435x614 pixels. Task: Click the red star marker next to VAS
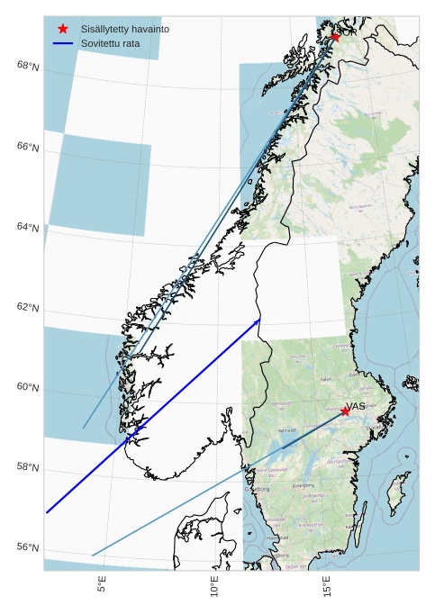pyautogui.click(x=345, y=411)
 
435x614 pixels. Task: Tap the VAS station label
pyautogui.click(x=357, y=406)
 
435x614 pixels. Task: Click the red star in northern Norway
pyautogui.click(x=335, y=37)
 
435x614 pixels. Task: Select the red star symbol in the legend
pyautogui.click(x=63, y=30)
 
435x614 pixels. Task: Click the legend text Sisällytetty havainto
pyautogui.click(x=124, y=30)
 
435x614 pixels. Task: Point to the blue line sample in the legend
pyautogui.click(x=63, y=43)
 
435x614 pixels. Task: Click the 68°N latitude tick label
pyautogui.click(x=28, y=67)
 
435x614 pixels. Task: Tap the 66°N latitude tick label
pyautogui.click(x=28, y=148)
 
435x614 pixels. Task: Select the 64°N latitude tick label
pyautogui.click(x=28, y=228)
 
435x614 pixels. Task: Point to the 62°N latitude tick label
pyautogui.click(x=28, y=308)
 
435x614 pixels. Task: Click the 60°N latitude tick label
pyautogui.click(x=28, y=388)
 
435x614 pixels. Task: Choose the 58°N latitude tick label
pyautogui.click(x=28, y=468)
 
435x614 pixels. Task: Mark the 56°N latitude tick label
pyautogui.click(x=28, y=548)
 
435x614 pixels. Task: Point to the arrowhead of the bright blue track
pyautogui.click(x=258, y=321)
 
